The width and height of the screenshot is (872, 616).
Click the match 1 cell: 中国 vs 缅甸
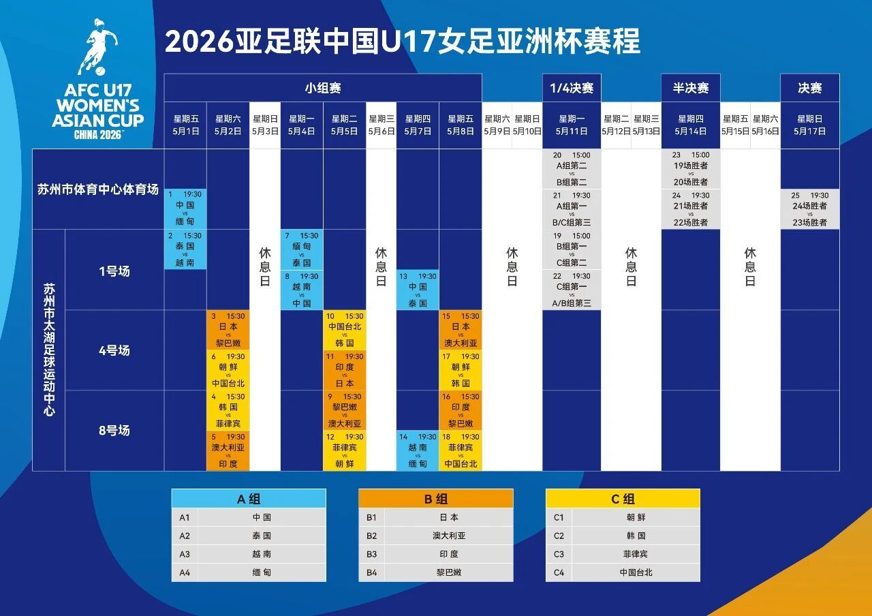pyautogui.click(x=185, y=209)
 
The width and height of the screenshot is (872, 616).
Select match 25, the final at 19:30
pyautogui.click(x=810, y=209)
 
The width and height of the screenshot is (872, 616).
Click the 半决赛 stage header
pyautogui.click(x=691, y=88)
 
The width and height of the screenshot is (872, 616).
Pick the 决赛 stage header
pyautogui.click(x=810, y=88)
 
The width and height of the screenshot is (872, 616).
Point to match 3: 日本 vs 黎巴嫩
pyautogui.click(x=228, y=330)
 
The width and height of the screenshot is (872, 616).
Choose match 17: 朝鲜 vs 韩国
pyautogui.click(x=461, y=371)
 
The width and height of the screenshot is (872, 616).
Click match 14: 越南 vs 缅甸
pyautogui.click(x=417, y=451)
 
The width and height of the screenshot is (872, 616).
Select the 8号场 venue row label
pyautogui.click(x=114, y=431)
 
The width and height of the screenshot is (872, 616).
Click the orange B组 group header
pyautogui.click(x=436, y=499)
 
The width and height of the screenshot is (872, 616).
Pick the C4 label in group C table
pyautogui.click(x=559, y=572)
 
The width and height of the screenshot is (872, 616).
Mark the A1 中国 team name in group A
pyautogui.click(x=262, y=517)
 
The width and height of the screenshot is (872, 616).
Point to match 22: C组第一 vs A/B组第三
pyautogui.click(x=572, y=290)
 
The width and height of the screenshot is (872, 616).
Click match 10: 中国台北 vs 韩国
pyautogui.click(x=345, y=330)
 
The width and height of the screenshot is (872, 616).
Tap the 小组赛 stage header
pyautogui.click(x=323, y=88)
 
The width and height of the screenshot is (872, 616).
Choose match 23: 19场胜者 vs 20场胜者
pyautogui.click(x=691, y=169)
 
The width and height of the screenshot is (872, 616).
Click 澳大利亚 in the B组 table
pyautogui.click(x=449, y=536)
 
